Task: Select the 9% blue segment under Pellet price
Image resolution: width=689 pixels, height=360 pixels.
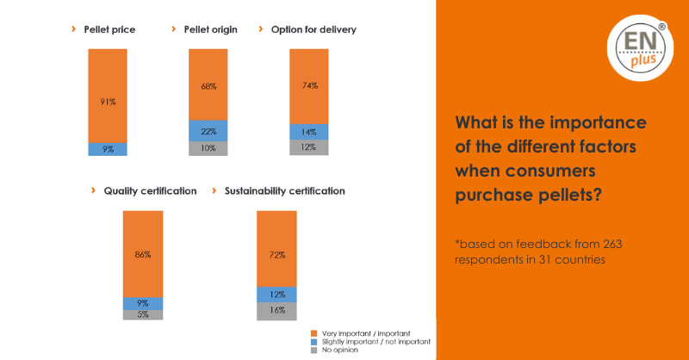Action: tap(108, 148)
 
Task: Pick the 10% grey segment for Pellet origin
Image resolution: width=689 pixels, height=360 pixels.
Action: tap(208, 148)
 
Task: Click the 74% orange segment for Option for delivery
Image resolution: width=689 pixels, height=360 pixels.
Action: tap(309, 85)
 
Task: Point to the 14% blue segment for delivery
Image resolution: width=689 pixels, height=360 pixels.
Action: tap(309, 132)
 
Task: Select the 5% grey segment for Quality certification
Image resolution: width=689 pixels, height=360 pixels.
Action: tap(142, 314)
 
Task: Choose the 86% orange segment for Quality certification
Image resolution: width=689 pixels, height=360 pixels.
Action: tap(142, 254)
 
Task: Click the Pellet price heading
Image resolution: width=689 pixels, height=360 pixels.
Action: tap(109, 30)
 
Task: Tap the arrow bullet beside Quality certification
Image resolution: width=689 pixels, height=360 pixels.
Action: tap(92, 190)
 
